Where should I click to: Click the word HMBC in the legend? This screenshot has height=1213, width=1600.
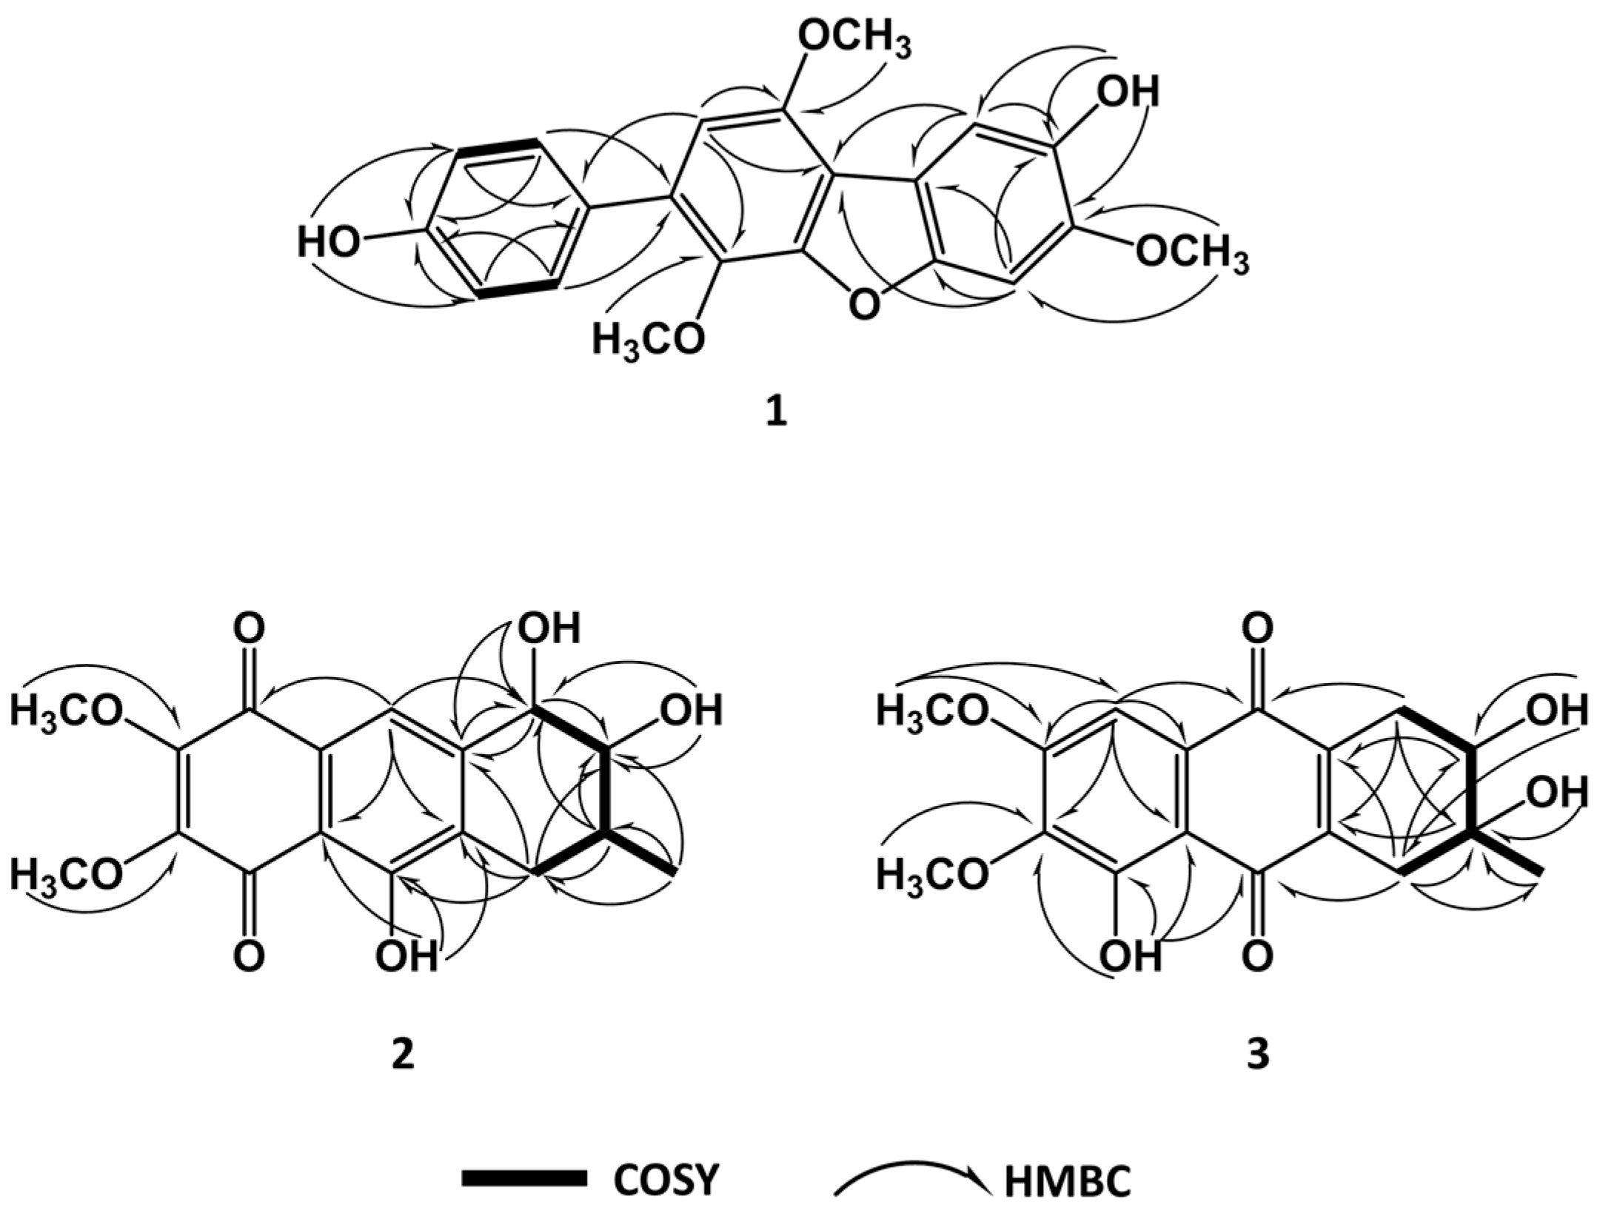point(1067,1182)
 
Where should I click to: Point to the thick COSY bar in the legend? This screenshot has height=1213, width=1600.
point(524,1179)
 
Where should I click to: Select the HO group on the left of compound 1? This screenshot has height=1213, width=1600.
point(329,242)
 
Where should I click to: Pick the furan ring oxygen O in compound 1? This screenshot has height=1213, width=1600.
point(863,304)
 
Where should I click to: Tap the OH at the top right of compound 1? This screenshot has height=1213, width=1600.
point(1127,93)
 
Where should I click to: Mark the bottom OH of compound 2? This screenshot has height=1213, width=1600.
point(406,957)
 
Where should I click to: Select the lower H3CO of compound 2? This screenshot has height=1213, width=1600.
point(66,876)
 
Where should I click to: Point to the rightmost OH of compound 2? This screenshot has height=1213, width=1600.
point(691,711)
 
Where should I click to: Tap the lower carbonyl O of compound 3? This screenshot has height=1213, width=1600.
point(1257,957)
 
